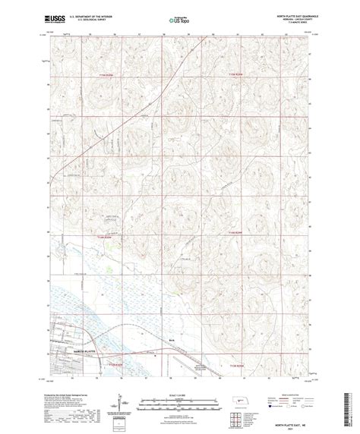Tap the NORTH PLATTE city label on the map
click(65, 333)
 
